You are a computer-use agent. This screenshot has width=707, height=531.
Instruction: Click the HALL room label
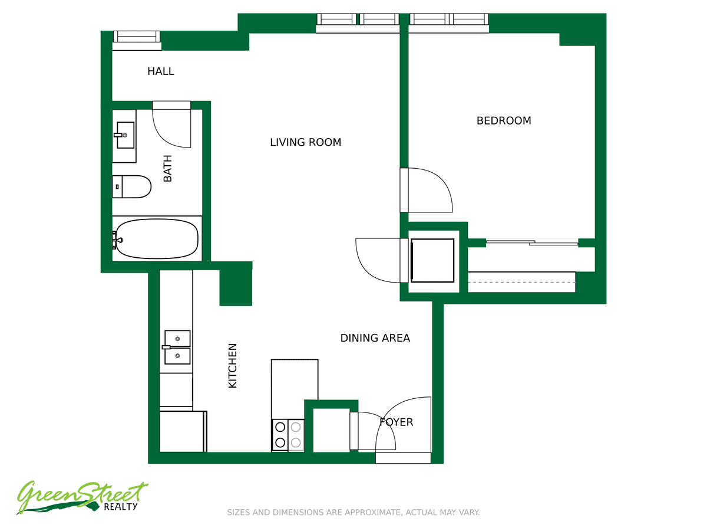pyautogui.click(x=160, y=71)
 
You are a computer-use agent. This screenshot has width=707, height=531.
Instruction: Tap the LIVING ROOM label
pyautogui.click(x=305, y=142)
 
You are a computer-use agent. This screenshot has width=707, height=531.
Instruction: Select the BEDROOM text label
pyautogui.click(x=503, y=120)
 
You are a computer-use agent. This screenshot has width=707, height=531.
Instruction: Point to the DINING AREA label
pyautogui.click(x=375, y=338)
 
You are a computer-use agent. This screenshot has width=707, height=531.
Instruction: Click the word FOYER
pyautogui.click(x=396, y=422)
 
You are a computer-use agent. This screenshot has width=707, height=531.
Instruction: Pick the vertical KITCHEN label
pyautogui.click(x=233, y=366)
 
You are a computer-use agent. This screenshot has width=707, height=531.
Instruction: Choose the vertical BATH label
pyautogui.click(x=167, y=168)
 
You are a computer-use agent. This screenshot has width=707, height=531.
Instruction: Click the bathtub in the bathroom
pyautogui.click(x=157, y=238)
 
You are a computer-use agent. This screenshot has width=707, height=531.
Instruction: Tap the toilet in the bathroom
pyautogui.click(x=131, y=186)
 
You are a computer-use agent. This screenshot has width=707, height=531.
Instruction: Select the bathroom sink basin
pyautogui.click(x=125, y=135)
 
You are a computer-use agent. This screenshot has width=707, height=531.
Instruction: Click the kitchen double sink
pyautogui.click(x=177, y=348)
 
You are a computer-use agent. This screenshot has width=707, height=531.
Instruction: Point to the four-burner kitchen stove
pyautogui.click(x=288, y=435)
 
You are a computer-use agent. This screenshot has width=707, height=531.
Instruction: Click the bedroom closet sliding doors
pyautogui.click(x=532, y=242)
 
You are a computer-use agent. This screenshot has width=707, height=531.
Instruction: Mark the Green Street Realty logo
pyautogui.click(x=82, y=497)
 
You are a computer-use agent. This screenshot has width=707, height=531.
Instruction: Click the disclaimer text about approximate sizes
pyautogui.click(x=353, y=512)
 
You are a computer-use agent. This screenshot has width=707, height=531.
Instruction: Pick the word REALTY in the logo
pyautogui.click(x=121, y=507)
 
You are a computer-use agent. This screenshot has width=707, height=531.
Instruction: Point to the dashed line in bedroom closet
pyautogui.click(x=521, y=283)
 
